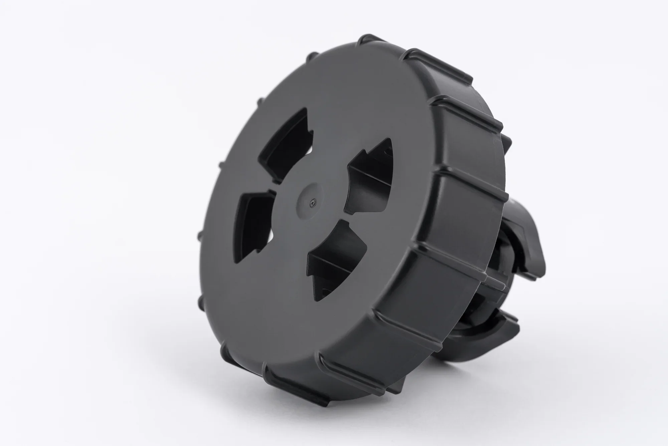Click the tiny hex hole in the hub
pos(312,203)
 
